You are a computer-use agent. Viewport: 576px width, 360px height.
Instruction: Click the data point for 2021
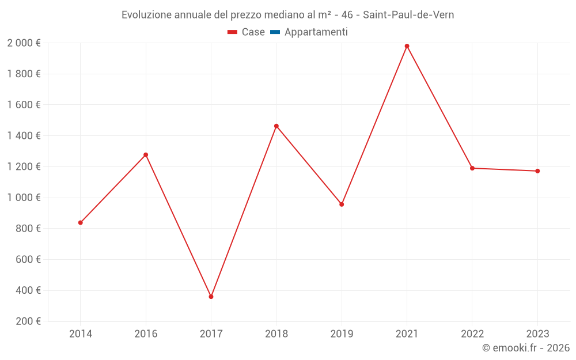[x=407, y=46]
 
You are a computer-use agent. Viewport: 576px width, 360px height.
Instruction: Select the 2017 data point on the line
[x=211, y=297]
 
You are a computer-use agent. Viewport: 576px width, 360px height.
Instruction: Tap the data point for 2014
[x=81, y=222]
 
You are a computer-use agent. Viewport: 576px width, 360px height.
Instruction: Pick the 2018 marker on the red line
[x=276, y=126]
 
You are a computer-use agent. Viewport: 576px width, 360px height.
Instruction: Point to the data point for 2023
[x=537, y=171]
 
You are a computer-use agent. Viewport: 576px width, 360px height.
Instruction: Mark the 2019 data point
[x=342, y=204]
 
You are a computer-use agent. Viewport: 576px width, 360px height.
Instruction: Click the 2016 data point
[x=146, y=155]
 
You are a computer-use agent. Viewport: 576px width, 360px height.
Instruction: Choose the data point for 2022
[x=472, y=168]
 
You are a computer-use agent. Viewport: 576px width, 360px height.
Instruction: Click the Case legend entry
[x=246, y=32]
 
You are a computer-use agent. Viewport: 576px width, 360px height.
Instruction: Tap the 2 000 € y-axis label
[x=24, y=43]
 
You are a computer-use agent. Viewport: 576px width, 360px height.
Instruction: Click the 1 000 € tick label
[x=24, y=198]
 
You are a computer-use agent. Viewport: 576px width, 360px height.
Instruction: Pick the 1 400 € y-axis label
[x=24, y=136]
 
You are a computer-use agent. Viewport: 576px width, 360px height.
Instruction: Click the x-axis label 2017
[x=211, y=334]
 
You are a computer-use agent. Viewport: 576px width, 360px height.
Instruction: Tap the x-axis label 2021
[x=407, y=334]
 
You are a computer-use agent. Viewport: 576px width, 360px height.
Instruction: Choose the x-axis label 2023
[x=537, y=334]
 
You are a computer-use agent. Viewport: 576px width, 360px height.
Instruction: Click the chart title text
[x=287, y=15]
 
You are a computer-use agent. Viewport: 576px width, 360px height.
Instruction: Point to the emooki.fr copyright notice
[x=525, y=348]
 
